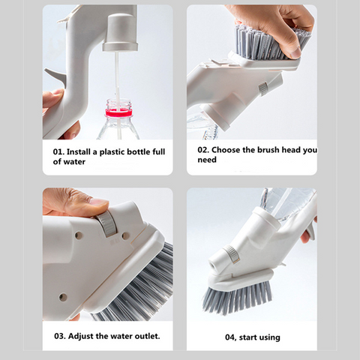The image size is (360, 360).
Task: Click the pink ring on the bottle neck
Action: coord(118,113)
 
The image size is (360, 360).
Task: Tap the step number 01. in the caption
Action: coord(58,151)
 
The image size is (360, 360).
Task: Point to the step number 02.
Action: coord(203,150)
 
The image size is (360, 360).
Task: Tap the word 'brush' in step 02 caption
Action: coord(268,150)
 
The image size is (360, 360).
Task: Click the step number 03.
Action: coord(60,336)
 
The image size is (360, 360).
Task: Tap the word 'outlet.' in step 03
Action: coord(147,336)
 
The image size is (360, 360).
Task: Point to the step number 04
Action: coord(231,337)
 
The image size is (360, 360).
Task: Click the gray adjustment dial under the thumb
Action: coord(107,223)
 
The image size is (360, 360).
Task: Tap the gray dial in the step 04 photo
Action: coord(231,253)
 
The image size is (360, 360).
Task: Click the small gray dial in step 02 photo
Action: coord(263,88)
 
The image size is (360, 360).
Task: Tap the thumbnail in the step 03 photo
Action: coord(99,202)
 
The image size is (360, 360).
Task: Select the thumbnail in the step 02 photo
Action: coord(295,52)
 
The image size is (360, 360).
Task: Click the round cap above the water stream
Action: coord(119,32)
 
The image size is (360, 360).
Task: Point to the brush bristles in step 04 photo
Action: coord(237,297)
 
